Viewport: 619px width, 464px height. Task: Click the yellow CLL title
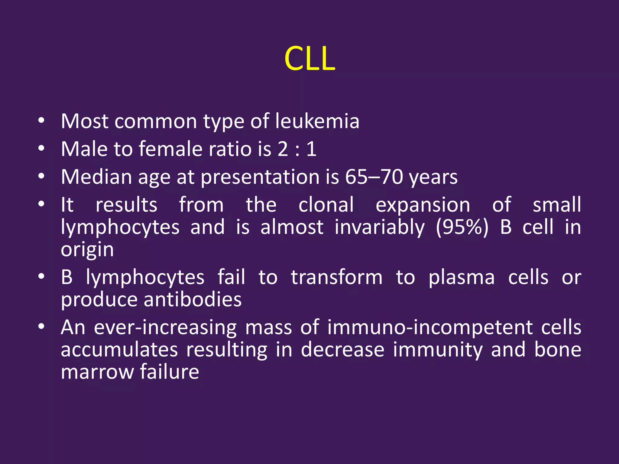pyautogui.click(x=309, y=59)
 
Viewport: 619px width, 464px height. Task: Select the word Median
pyautogui.click(x=96, y=177)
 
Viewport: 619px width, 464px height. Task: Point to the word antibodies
pyautogui.click(x=193, y=300)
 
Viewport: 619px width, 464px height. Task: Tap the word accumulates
pyautogui.click(x=119, y=350)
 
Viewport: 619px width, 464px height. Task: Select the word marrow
pyautogui.click(x=97, y=372)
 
